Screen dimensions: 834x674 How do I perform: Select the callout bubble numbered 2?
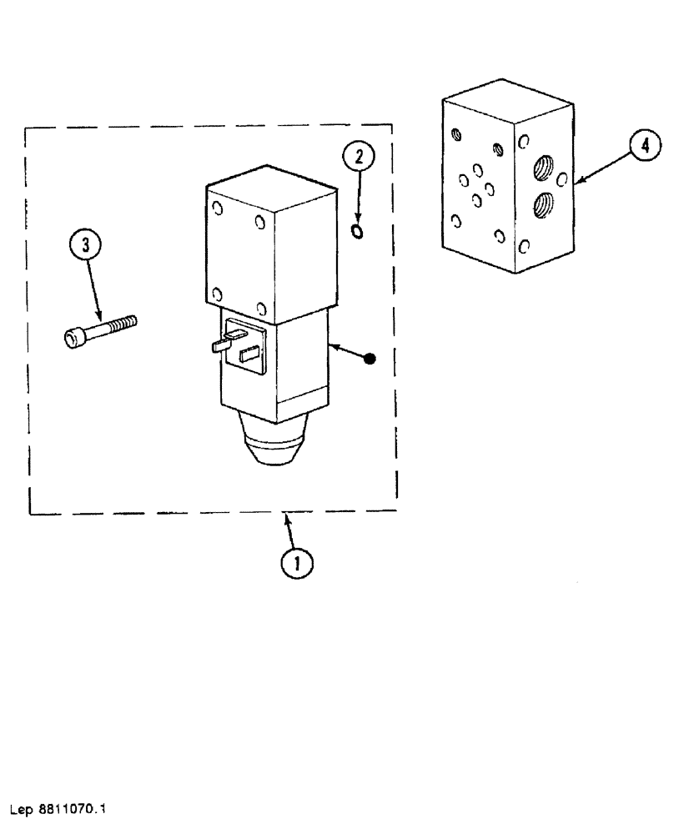pyautogui.click(x=358, y=155)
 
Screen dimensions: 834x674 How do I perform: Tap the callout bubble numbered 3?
pyautogui.click(x=85, y=246)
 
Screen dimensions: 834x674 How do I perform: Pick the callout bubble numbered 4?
pyautogui.click(x=640, y=148)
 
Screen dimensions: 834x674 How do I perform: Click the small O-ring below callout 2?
pyautogui.click(x=358, y=231)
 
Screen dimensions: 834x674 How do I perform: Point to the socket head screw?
pyautogui.click(x=100, y=329)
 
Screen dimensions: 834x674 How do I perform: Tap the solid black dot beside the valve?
pyautogui.click(x=372, y=359)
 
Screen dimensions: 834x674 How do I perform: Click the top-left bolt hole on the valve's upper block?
pyautogui.click(x=218, y=209)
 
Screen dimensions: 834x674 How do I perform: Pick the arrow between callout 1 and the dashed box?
pyautogui.click(x=290, y=530)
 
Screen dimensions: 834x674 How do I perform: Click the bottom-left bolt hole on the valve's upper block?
pyautogui.click(x=217, y=294)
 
